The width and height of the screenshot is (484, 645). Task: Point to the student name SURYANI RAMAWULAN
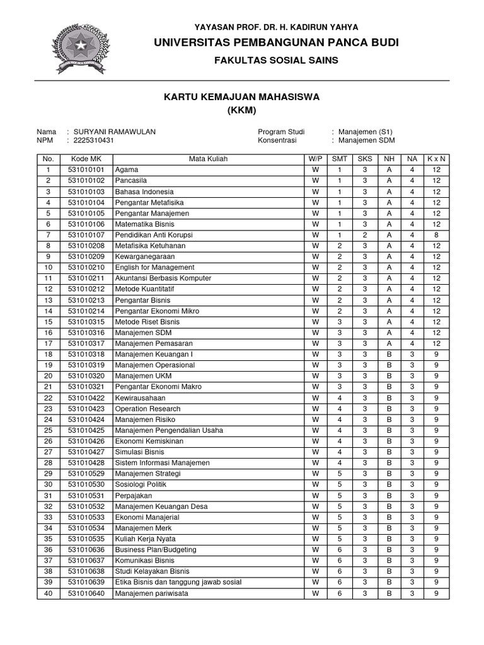tap(115, 132)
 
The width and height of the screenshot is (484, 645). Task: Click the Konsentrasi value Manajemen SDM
tap(367, 140)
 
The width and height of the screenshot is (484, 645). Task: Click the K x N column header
tap(436, 159)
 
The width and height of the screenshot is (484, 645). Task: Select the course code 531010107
tap(86, 235)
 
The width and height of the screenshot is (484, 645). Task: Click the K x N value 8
tap(436, 235)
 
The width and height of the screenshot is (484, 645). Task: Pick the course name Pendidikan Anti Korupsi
tap(154, 235)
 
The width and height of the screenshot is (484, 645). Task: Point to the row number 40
tap(49, 593)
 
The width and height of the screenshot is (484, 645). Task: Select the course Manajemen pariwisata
tap(151, 593)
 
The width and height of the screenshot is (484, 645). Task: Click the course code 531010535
tap(86, 539)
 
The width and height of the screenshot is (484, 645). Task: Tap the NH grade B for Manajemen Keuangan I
tap(389, 355)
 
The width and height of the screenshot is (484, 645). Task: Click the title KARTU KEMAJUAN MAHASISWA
tap(242, 97)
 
